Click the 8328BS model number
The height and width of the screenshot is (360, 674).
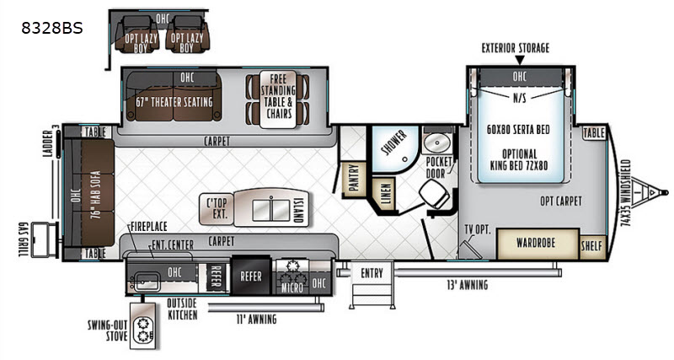point(52,28)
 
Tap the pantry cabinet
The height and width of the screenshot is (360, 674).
point(354,178)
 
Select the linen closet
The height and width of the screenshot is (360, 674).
point(384,194)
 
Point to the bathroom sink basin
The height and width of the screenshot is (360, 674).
point(436,142)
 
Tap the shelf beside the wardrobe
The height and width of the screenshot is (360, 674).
point(592,247)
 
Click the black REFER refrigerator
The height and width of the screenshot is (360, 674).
point(251,275)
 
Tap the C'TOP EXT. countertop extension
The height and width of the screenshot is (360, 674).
point(217,208)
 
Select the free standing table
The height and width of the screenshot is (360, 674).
point(278,99)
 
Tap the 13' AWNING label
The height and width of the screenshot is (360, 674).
point(468,285)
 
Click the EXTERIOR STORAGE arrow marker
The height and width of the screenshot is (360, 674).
point(519,61)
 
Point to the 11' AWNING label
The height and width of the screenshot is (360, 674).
point(257,319)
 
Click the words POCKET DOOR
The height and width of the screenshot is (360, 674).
point(438,167)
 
